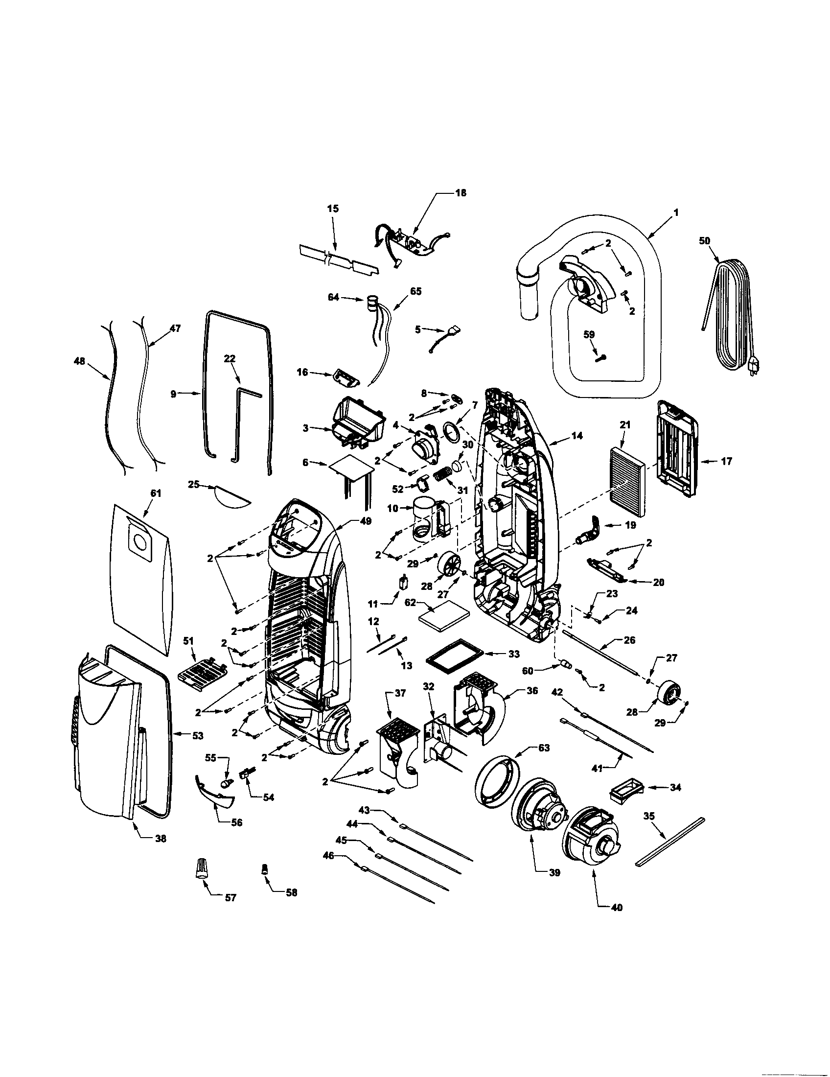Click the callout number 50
coord(704,241)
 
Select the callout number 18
coord(461,193)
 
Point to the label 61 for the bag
coord(156,493)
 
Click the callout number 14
coord(577,435)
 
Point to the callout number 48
coord(79,361)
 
